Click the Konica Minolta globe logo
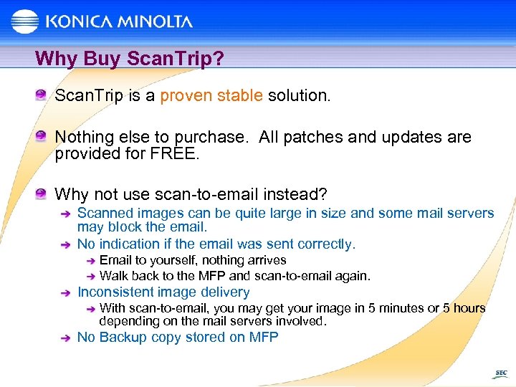tap(25, 21)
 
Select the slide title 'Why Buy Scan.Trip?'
tap(130, 58)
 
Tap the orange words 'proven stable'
tap(211, 96)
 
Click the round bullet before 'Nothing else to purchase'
tap(43, 135)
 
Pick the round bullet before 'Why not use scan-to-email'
tap(43, 193)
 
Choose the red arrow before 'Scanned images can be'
tap(65, 214)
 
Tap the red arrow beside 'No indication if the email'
tap(65, 245)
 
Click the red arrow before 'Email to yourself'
tap(90, 261)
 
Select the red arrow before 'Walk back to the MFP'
tap(90, 276)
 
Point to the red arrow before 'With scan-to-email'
tap(90, 309)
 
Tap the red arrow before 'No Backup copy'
tap(65, 338)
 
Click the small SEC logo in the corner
tap(501, 373)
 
